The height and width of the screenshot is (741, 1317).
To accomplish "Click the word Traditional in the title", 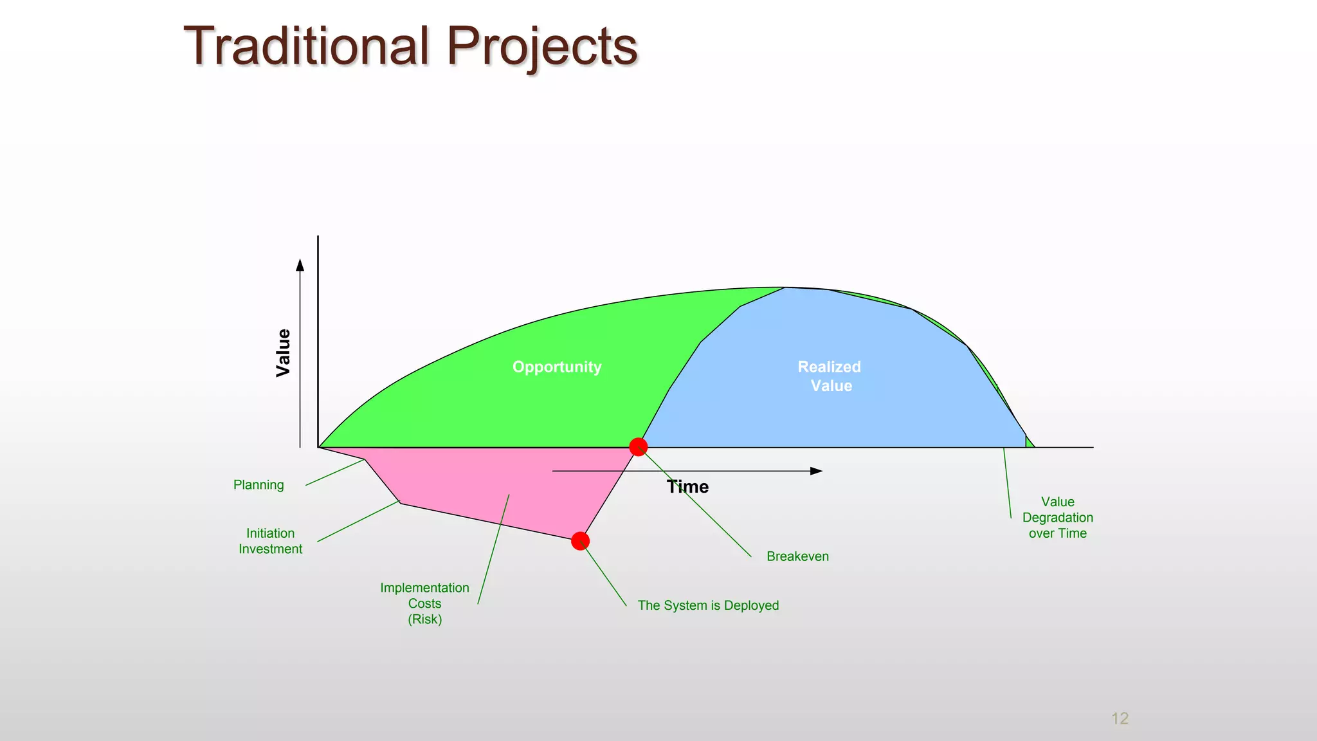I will pyautogui.click(x=306, y=46).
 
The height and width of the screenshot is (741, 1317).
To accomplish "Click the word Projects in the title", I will pyautogui.click(x=541, y=46).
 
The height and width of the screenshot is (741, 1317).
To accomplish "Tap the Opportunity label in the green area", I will pyautogui.click(x=557, y=367).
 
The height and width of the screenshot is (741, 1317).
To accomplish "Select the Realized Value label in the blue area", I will pyautogui.click(x=830, y=376).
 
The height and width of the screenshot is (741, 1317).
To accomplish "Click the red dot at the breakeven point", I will pyautogui.click(x=638, y=447).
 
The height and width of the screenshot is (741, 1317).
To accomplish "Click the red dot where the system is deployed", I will pyautogui.click(x=580, y=541).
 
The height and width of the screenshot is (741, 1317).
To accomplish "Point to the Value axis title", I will pyautogui.click(x=283, y=352).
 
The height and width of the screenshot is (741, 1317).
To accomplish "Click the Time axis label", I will pyautogui.click(x=687, y=487).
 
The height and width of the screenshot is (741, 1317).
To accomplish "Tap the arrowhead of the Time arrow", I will pyautogui.click(x=817, y=471).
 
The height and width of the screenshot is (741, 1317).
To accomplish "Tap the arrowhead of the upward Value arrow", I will pyautogui.click(x=300, y=265).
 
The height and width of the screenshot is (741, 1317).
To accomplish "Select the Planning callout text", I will pyautogui.click(x=259, y=485).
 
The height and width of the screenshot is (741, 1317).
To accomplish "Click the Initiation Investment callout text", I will pyautogui.click(x=270, y=541).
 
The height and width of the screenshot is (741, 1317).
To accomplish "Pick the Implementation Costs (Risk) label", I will pyautogui.click(x=424, y=603).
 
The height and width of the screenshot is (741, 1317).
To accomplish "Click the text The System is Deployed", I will pyautogui.click(x=708, y=605).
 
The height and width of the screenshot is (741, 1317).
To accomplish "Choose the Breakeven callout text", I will pyautogui.click(x=797, y=556).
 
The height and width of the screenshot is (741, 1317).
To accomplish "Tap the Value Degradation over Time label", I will pyautogui.click(x=1057, y=517).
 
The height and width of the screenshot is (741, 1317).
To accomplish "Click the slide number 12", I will pyautogui.click(x=1120, y=718).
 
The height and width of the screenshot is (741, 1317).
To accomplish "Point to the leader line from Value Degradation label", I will pyautogui.click(x=1007, y=482).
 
